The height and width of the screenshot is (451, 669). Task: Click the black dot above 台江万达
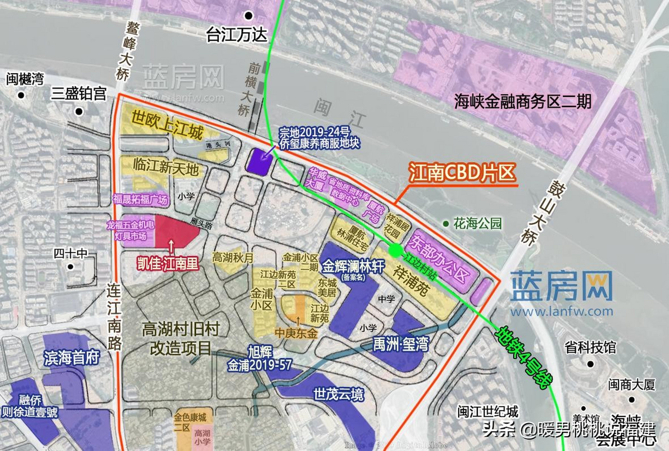point(249,16)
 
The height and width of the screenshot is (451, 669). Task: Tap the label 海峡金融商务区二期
point(523,101)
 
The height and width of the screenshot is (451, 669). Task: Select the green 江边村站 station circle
point(395,250)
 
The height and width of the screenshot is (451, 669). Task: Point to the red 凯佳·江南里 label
point(168,264)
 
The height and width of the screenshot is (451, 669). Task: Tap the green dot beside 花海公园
point(446,223)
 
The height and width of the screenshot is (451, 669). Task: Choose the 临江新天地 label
point(166,166)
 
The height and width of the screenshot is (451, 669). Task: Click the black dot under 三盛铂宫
point(79,112)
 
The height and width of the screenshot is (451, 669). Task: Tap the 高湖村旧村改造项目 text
point(181,338)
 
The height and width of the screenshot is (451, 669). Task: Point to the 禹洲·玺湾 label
point(401,344)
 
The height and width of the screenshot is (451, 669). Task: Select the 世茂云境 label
point(338,394)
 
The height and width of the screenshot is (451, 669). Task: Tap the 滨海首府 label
point(72,358)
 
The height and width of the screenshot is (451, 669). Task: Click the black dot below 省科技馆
point(590,364)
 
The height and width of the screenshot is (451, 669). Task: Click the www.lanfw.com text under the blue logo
point(562,311)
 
